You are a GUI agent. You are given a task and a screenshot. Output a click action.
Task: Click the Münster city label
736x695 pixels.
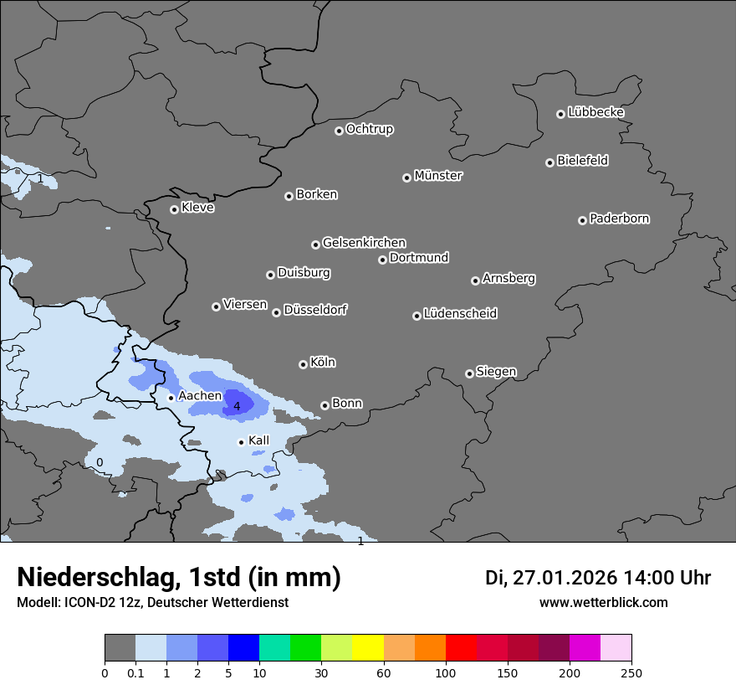(437, 176)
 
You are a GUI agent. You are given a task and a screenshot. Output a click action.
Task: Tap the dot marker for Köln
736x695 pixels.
(303, 364)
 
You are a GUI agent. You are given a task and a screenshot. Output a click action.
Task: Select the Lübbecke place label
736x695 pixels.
(595, 112)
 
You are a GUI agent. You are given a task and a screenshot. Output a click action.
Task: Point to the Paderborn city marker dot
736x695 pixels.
(582, 220)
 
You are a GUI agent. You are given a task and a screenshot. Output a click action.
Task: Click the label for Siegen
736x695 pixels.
(496, 372)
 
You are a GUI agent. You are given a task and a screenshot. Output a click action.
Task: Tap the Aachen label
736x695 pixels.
(200, 396)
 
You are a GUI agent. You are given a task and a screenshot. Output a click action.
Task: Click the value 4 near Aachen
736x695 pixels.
(237, 406)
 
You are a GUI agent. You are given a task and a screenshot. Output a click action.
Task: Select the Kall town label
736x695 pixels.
(258, 440)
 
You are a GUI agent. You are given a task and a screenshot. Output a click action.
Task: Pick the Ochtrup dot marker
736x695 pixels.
(339, 131)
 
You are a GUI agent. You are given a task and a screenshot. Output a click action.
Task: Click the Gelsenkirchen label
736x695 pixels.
(364, 243)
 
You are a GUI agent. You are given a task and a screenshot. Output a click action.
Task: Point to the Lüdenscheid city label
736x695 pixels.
(460, 314)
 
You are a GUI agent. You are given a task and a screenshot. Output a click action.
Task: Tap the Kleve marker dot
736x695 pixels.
(174, 209)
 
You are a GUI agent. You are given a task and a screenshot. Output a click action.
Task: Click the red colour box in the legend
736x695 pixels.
(461, 648)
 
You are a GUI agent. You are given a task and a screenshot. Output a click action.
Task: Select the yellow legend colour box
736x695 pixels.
(368, 648)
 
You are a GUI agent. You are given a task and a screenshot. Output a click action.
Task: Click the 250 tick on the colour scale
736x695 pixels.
(631, 672)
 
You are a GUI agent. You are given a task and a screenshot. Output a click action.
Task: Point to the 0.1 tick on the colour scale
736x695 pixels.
(135, 672)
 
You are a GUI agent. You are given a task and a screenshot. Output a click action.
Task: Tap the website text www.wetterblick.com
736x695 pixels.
(603, 603)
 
